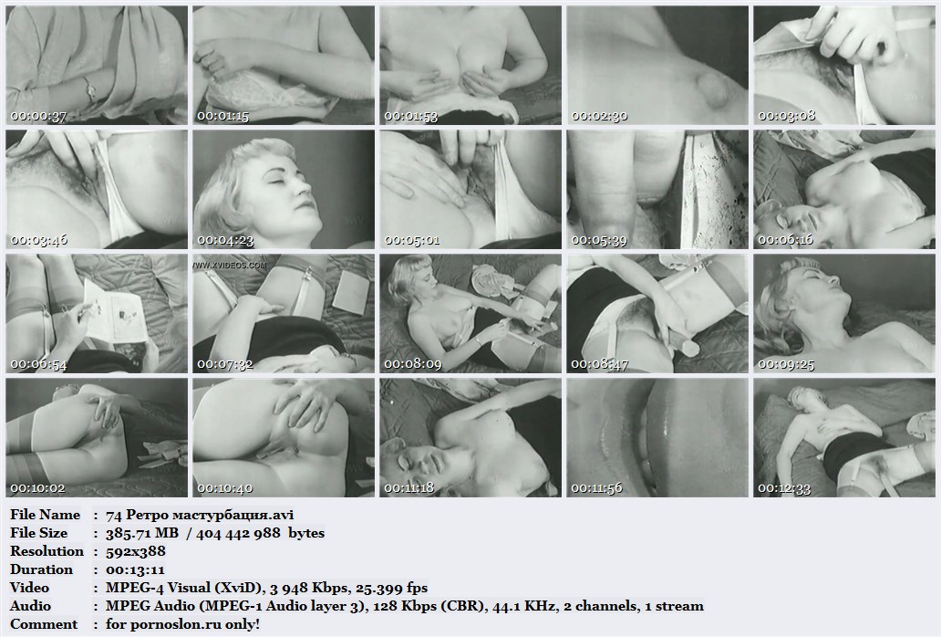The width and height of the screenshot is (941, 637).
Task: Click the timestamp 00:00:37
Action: coord(38,116)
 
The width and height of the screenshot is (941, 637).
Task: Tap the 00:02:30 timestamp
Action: coord(599,116)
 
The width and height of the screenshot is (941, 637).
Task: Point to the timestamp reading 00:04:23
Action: coord(225,240)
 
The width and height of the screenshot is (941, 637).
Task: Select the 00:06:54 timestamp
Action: coord(38,364)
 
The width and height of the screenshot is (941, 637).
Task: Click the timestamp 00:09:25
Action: coord(786,364)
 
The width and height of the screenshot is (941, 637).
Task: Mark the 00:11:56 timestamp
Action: coord(599,488)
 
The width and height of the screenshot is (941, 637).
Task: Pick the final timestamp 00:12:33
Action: coord(786,488)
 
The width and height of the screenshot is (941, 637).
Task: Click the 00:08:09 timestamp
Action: coord(412,364)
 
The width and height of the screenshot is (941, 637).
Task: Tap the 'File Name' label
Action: coord(45,515)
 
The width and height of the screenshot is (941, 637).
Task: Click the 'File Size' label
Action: coord(39,533)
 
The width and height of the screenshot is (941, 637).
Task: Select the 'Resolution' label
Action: coord(47,551)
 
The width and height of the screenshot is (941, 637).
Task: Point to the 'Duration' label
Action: coord(41,569)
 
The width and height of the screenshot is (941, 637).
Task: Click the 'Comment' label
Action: coord(44,624)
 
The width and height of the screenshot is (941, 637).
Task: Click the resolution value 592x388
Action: coord(136,551)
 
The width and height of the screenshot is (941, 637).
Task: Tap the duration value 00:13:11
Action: coord(135,569)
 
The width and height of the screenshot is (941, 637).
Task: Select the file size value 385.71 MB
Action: coord(142,533)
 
